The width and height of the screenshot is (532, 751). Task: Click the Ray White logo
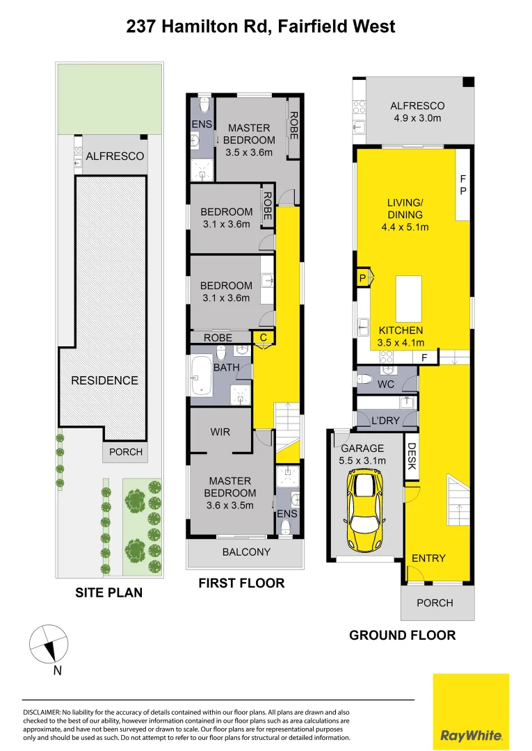471,711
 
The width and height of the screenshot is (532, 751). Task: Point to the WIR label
220,432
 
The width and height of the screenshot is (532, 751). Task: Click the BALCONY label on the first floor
245,552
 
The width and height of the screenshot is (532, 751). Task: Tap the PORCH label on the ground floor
435,603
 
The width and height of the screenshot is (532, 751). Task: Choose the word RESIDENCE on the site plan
104,380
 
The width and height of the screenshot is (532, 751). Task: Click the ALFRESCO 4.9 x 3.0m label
417,112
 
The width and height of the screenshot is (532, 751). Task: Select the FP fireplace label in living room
463,185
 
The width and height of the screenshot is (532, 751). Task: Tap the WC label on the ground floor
387,384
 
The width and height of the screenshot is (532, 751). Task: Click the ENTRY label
428,558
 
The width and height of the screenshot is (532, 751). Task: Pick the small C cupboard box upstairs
263,337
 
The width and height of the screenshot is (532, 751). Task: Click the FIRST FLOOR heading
241,583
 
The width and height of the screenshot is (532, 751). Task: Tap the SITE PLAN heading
108,592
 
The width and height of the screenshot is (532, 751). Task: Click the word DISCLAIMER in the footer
43,713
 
